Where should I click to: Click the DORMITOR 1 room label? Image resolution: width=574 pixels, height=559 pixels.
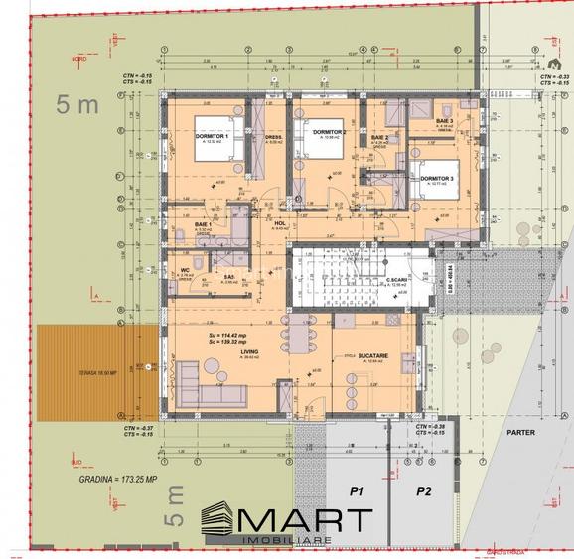click(x=213, y=136)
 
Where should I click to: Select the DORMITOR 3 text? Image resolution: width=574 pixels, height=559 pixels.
click(x=437, y=179)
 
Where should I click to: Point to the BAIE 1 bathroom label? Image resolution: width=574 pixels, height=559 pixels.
click(x=204, y=225)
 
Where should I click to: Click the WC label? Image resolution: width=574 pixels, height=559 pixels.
click(x=185, y=270)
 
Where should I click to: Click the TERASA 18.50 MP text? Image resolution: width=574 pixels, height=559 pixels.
click(x=71, y=372)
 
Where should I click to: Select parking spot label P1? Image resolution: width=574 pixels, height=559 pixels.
click(x=356, y=491)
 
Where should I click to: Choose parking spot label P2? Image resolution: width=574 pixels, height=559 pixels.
click(x=424, y=491)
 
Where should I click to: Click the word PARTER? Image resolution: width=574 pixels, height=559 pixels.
click(x=519, y=433)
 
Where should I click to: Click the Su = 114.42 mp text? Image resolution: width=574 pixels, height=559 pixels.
click(x=228, y=336)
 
